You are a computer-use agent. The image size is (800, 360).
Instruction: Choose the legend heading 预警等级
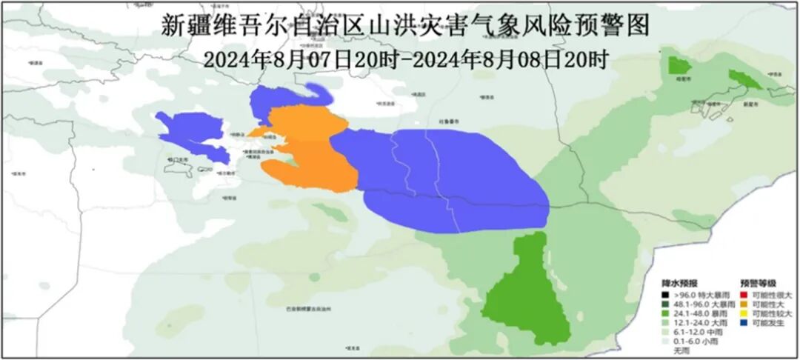756,283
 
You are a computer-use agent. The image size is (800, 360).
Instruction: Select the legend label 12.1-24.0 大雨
693,324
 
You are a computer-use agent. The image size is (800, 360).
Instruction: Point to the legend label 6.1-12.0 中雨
692,333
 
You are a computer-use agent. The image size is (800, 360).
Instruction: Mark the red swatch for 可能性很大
744,295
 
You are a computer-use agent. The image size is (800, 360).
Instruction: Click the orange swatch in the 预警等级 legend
744,304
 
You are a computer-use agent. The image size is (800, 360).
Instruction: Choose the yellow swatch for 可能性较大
744,314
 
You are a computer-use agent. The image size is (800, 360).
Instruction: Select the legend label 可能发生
771,324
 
